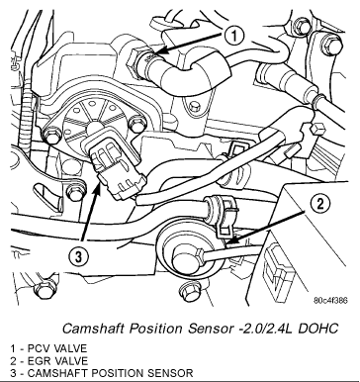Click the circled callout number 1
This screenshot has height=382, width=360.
click(234, 36)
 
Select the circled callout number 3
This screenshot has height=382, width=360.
click(78, 257)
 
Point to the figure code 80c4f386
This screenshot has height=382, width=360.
click(330, 301)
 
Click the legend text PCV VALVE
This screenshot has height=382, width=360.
click(57, 348)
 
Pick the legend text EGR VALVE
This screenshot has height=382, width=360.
click(57, 361)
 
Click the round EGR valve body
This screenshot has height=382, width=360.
click(186, 251)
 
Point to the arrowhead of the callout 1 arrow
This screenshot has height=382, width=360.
click(158, 52)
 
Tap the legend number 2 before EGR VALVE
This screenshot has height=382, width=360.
click(13, 361)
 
